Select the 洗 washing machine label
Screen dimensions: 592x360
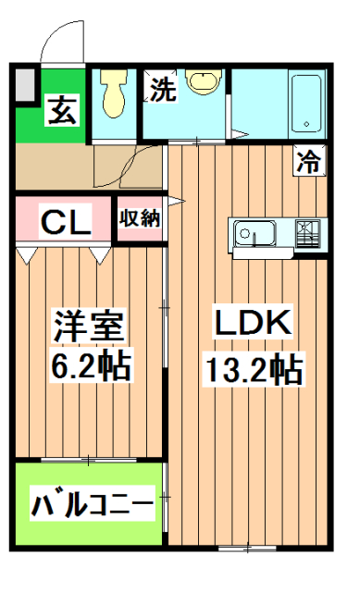point(162,90)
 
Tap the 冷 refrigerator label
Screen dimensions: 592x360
point(309,163)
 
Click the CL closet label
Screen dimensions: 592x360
point(64,221)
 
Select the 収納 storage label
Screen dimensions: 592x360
point(140,219)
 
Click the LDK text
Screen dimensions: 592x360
point(254,325)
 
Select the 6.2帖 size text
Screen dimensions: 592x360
point(90,367)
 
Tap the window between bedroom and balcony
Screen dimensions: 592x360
point(89,460)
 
